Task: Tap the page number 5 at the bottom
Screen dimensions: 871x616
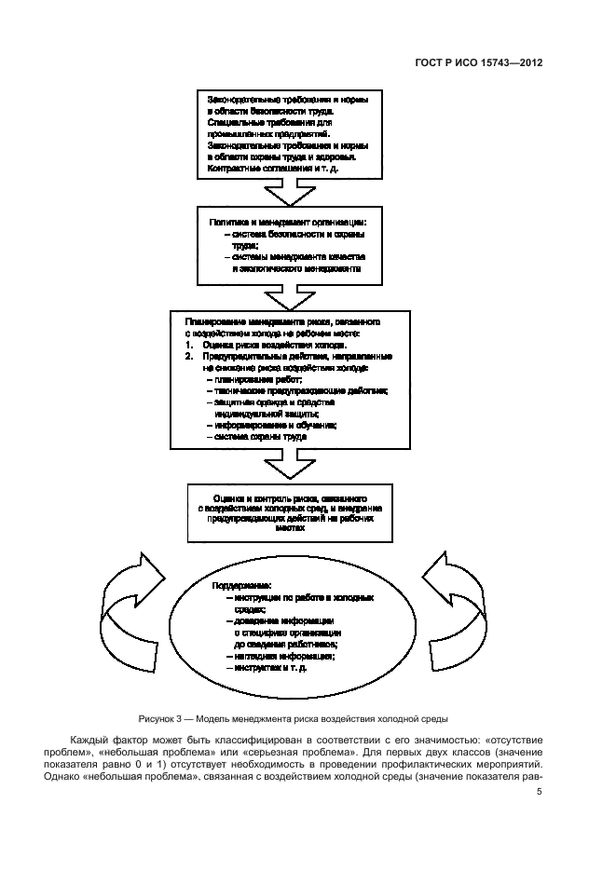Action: pos(540,794)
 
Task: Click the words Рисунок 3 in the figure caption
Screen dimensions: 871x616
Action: pos(160,718)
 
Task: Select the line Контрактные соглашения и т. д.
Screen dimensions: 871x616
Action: pos(249,168)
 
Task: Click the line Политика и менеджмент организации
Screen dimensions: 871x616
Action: pos(287,222)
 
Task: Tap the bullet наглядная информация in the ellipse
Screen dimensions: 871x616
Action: pos(275,656)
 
